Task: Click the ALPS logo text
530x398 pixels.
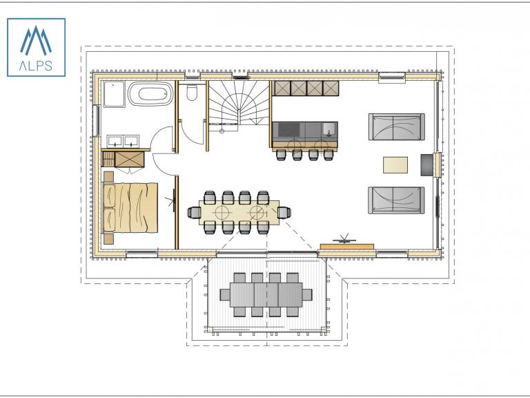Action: (36, 66)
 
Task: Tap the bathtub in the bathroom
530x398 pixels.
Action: (150, 94)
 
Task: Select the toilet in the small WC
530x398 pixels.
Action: (192, 93)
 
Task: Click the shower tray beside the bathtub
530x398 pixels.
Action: (115, 94)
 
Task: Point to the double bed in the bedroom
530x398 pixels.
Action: (130, 207)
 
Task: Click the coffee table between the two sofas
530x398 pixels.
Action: (395, 165)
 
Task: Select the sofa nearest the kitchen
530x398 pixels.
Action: (397, 126)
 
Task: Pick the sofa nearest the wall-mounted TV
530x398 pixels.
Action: (396, 200)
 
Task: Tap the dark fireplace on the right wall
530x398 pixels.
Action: (426, 165)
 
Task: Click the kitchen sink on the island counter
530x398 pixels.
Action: (329, 129)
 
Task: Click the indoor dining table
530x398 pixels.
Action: (239, 212)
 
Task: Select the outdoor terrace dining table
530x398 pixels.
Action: (266, 294)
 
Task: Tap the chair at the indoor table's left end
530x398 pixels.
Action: (194, 213)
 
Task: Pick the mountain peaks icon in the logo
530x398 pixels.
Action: (36, 40)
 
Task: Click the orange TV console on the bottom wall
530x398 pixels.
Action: (347, 247)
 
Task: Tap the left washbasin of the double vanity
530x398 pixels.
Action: (115, 141)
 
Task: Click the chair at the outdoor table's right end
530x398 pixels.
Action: (307, 294)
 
